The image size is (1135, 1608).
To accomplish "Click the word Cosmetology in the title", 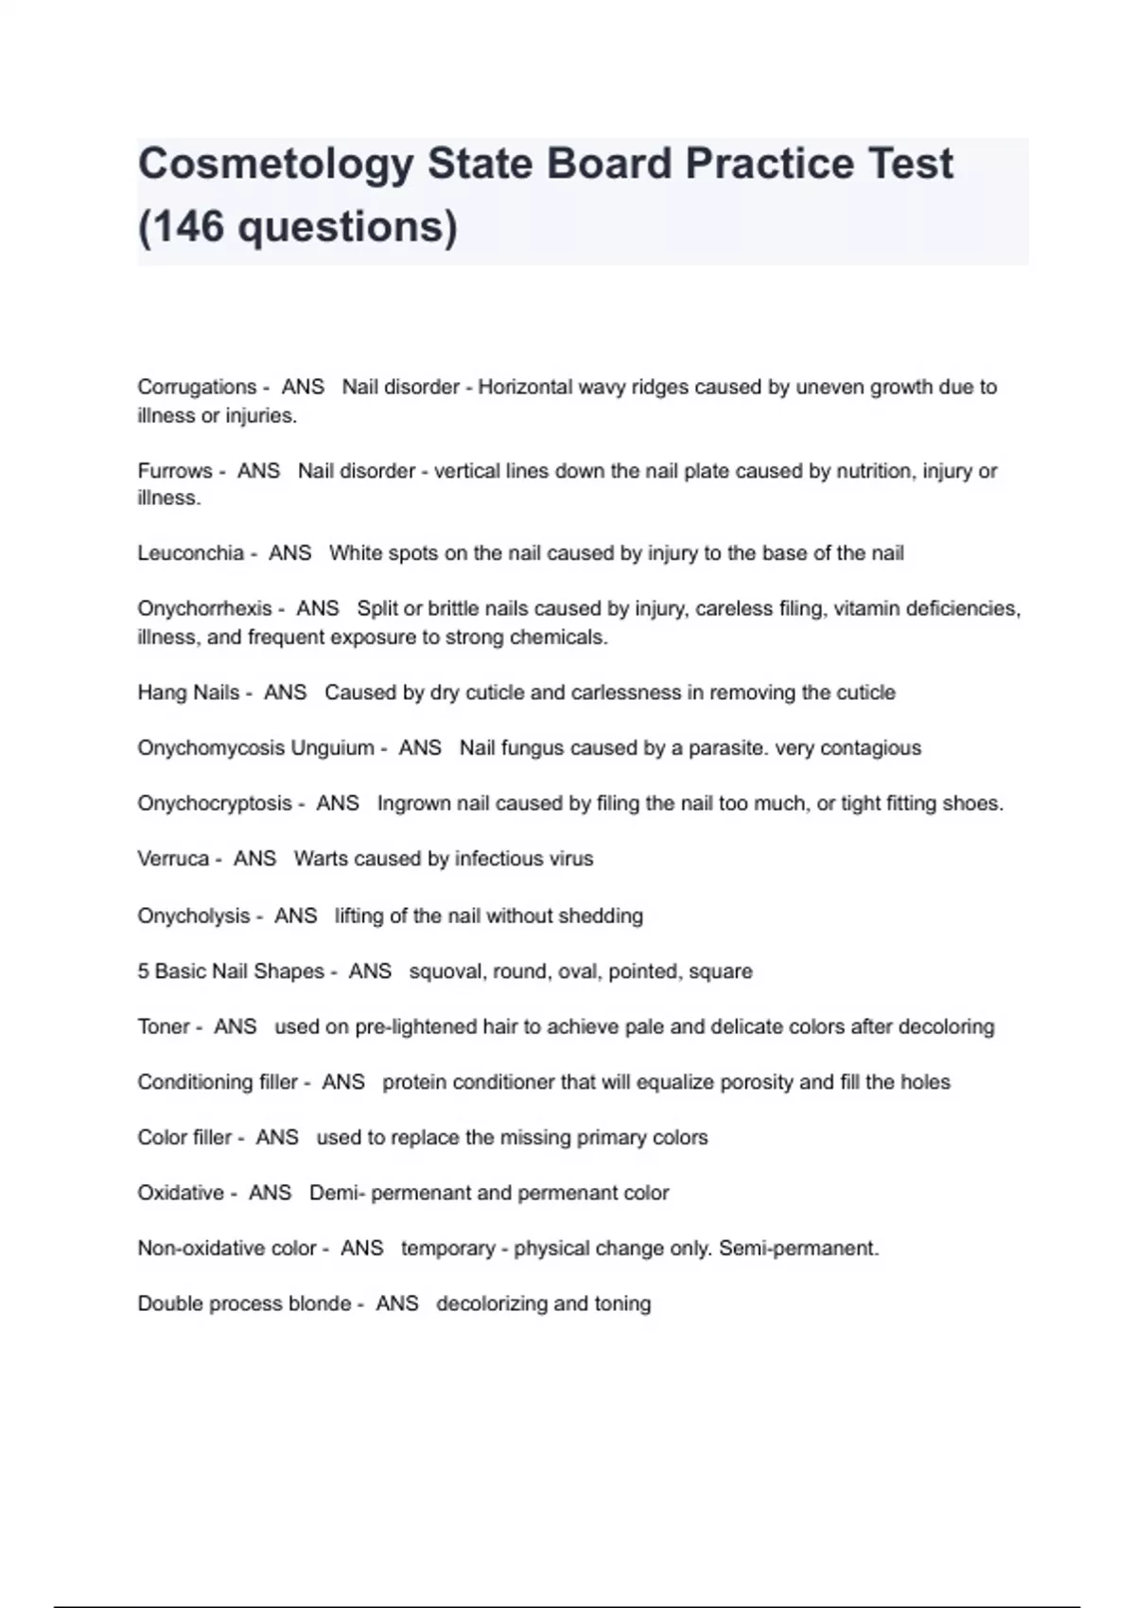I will (x=275, y=165).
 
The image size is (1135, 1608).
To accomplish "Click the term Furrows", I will (x=175, y=470).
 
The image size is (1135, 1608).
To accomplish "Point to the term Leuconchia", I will (x=190, y=552).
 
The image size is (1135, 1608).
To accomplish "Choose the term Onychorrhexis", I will (x=204, y=608).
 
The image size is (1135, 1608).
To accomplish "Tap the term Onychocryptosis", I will (x=215, y=803).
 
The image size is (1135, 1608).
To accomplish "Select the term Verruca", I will (x=173, y=858).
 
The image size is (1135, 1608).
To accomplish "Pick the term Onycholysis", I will (x=193, y=916).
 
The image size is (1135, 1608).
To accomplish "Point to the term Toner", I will (x=164, y=1026).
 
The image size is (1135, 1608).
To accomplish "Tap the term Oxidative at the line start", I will (x=181, y=1193).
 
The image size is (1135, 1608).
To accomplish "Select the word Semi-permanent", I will (x=798, y=1248).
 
